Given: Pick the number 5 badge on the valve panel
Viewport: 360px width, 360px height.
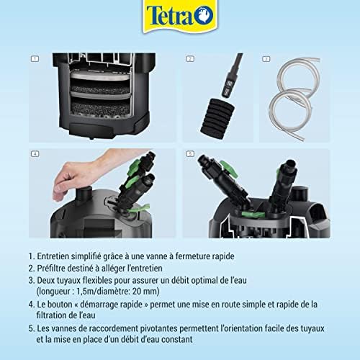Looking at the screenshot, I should point(190,154).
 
